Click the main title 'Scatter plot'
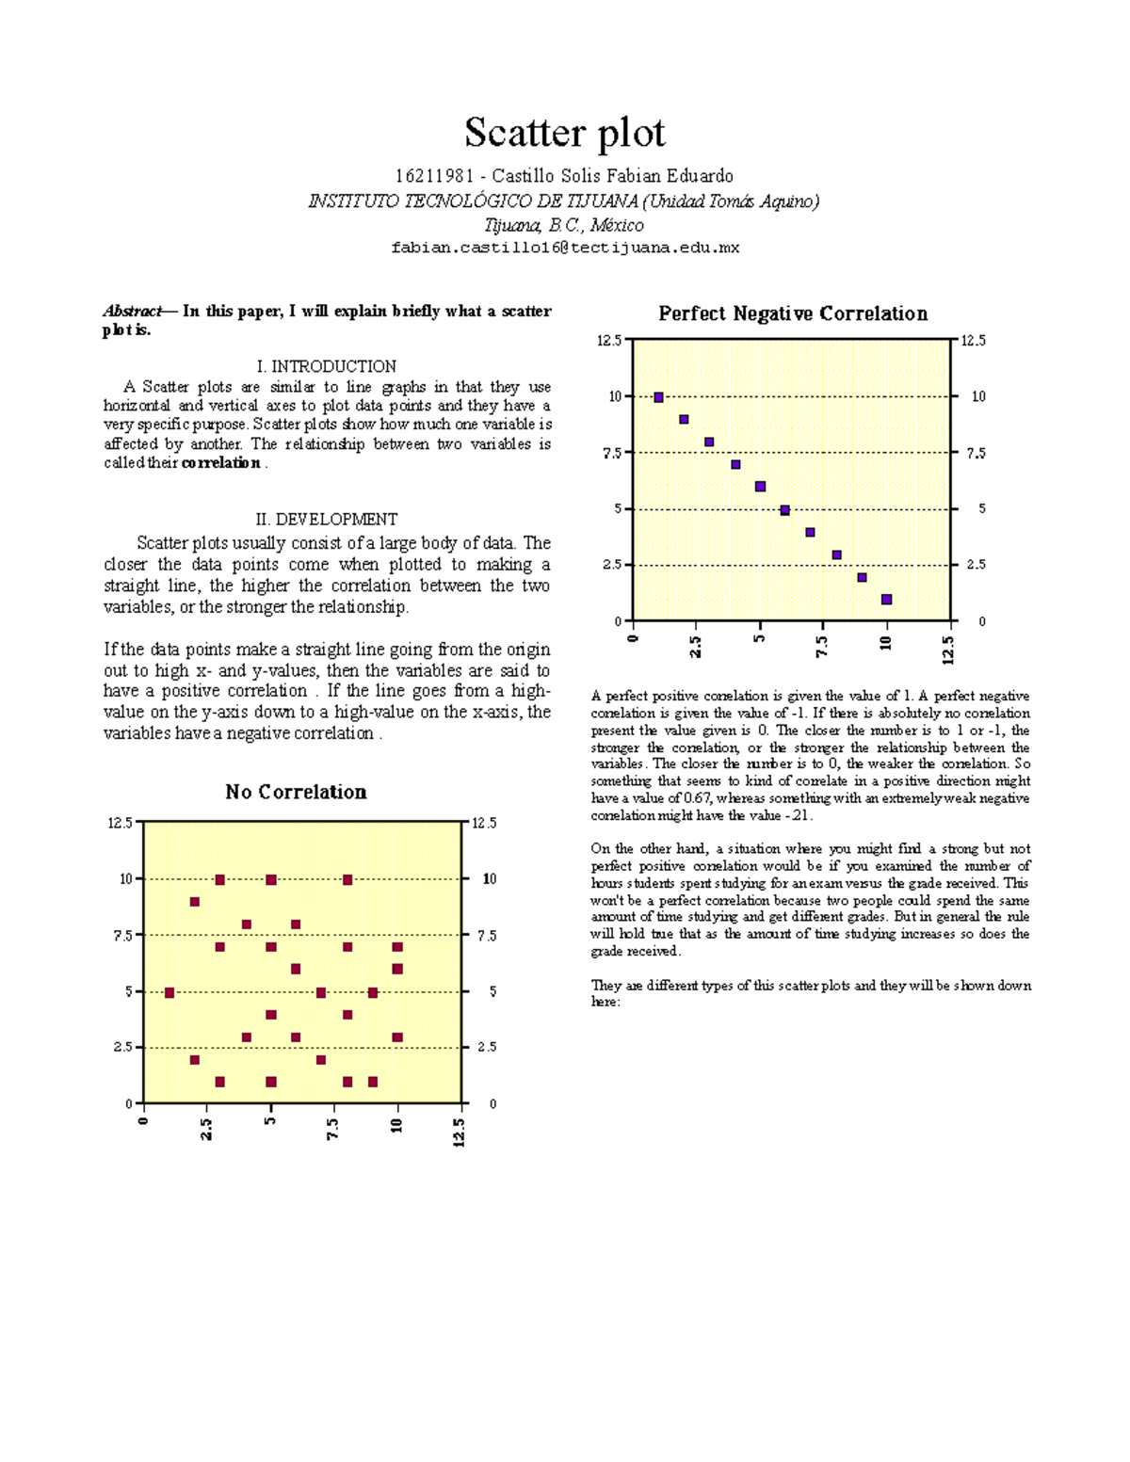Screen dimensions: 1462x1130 564,133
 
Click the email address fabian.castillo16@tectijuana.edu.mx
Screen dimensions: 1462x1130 565,248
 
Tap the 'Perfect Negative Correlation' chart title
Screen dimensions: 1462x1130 793,313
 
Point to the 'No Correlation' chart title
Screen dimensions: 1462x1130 296,792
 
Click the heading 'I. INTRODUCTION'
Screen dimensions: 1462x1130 327,366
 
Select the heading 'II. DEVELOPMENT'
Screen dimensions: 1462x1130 327,519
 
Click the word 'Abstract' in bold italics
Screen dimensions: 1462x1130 132,311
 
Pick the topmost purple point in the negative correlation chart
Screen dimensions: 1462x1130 658,397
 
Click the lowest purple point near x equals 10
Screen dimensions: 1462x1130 886,600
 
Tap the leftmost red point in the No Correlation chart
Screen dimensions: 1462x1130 169,992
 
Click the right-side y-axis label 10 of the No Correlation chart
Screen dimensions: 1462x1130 490,878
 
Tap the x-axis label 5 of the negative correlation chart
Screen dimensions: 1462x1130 759,640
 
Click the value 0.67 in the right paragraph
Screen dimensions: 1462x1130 697,798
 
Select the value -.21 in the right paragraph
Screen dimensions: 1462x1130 799,815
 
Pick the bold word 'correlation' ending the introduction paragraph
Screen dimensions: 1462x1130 220,462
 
